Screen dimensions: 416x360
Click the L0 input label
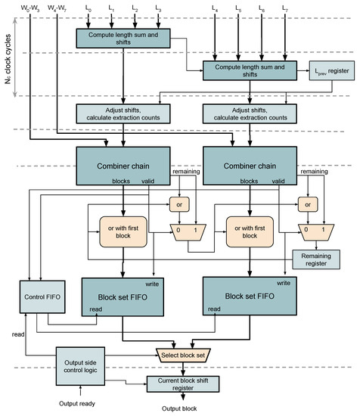pos(88,7)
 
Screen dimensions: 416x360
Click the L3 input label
pos(157,7)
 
